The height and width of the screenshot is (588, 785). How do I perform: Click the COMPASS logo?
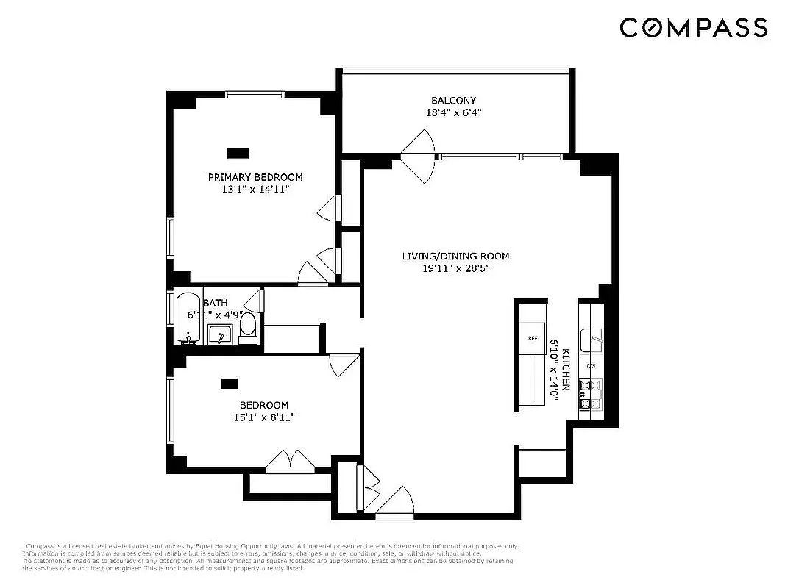coord(694,28)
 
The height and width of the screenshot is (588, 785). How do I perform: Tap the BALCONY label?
coord(453,101)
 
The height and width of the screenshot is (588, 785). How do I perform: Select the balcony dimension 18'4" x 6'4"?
coord(453,113)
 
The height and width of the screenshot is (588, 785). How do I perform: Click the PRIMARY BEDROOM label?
coord(255,177)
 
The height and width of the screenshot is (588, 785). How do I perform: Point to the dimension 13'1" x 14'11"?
coord(255,190)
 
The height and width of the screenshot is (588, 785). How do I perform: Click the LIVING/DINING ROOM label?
coord(455,257)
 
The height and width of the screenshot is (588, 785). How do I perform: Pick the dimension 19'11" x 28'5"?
coord(455,269)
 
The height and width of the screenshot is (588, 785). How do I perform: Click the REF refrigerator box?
coord(533,338)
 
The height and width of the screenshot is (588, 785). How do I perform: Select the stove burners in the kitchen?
coord(590,395)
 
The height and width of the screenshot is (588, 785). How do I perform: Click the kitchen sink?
coord(591,340)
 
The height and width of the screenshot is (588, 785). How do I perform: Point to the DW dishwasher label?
coord(590,365)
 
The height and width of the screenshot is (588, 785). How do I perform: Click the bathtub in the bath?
coord(188,318)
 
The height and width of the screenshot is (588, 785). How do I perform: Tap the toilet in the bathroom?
coord(248,326)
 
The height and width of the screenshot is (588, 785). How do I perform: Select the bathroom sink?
coord(220,335)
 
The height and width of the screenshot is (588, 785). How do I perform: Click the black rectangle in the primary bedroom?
coord(238,153)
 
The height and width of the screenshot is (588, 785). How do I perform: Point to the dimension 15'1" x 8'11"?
coord(263,417)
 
